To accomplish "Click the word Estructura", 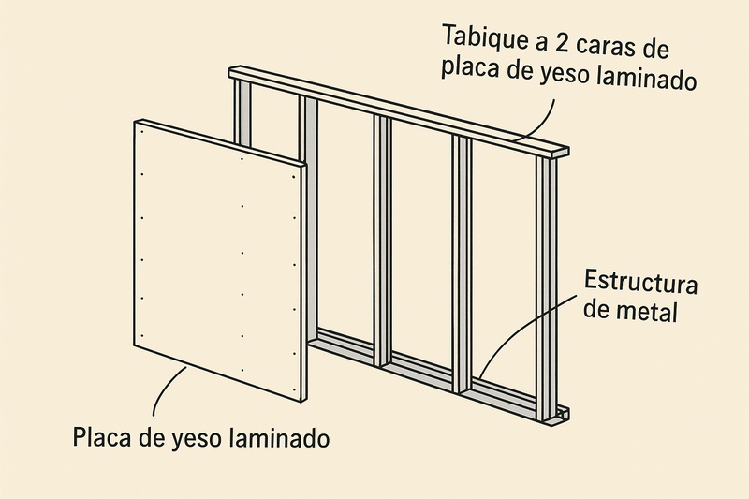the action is tap(640, 282).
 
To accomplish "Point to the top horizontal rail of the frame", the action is tap(399, 110).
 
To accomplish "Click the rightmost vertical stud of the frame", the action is tap(546, 289).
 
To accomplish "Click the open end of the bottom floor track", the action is tap(563, 414).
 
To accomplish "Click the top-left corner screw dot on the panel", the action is tap(142, 129).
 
